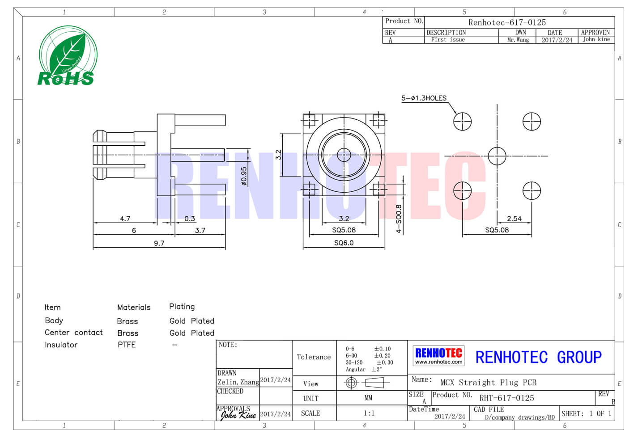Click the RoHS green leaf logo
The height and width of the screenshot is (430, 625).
[x=67, y=56]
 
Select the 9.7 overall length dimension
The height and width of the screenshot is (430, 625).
[x=159, y=243]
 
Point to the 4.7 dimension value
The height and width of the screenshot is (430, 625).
[x=125, y=219]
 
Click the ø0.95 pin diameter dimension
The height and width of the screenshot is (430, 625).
[x=244, y=176]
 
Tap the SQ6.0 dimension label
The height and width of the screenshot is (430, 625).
[x=344, y=243]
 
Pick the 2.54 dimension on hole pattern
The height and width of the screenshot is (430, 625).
[x=514, y=219]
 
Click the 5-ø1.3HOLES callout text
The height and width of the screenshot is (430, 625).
[x=424, y=98]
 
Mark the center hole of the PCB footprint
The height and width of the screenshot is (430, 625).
[x=497, y=156]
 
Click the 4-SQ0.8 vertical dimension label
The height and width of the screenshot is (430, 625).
[x=399, y=219]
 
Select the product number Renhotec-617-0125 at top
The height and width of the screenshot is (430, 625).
[x=507, y=22]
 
